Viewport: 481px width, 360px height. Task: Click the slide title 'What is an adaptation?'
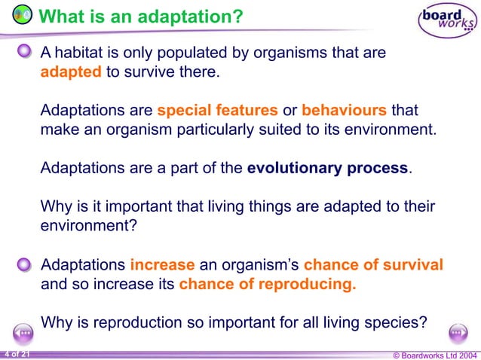(140, 16)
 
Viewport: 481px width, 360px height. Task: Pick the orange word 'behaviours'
(345, 110)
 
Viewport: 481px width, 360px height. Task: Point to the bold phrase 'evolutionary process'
(327, 167)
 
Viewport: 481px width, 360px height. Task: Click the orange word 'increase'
(162, 265)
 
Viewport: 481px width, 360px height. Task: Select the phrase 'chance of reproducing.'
(268, 285)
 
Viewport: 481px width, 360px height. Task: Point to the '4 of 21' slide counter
(17, 353)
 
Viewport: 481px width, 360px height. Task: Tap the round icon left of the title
(22, 15)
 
